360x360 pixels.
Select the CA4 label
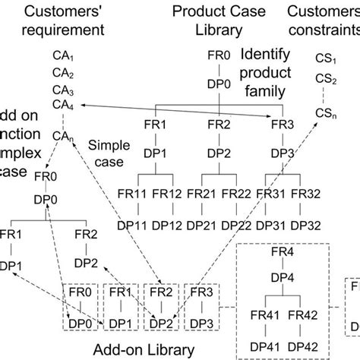pos(63,106)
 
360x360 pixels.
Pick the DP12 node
pos(167,226)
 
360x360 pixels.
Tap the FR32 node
pos(304,195)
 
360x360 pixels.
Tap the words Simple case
pos(106,151)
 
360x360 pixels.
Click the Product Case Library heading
pos(216,21)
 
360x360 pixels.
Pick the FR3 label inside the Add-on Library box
pos(201,292)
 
